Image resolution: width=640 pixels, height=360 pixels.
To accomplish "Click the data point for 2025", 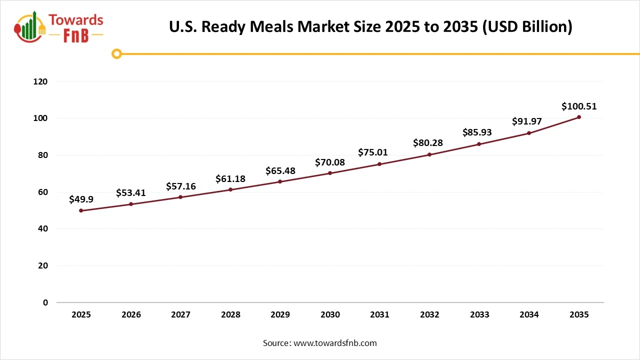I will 81,210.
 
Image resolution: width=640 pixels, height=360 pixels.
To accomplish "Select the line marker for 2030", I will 330,173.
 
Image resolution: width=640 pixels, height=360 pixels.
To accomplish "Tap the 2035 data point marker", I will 579,117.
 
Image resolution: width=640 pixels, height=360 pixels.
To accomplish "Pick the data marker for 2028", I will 230,189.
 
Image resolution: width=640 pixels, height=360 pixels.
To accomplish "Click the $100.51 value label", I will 579,106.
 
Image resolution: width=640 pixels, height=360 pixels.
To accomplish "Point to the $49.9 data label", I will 81,199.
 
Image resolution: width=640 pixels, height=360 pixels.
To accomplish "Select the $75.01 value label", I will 373,152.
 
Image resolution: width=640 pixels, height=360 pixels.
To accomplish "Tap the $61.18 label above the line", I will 230,178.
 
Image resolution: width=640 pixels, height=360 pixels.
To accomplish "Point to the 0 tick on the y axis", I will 45,302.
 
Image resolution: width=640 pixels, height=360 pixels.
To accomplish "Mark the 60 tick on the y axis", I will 43,192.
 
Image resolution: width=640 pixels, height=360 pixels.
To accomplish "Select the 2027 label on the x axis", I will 180,315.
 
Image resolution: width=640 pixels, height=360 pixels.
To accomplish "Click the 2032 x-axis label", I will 429,315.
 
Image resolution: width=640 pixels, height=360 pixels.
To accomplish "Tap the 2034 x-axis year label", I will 529,315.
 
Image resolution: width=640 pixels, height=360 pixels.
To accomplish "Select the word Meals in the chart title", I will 270,26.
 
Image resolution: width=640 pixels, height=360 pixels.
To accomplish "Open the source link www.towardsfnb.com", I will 334,343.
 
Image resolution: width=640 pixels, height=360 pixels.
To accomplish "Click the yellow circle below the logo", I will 116,53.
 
